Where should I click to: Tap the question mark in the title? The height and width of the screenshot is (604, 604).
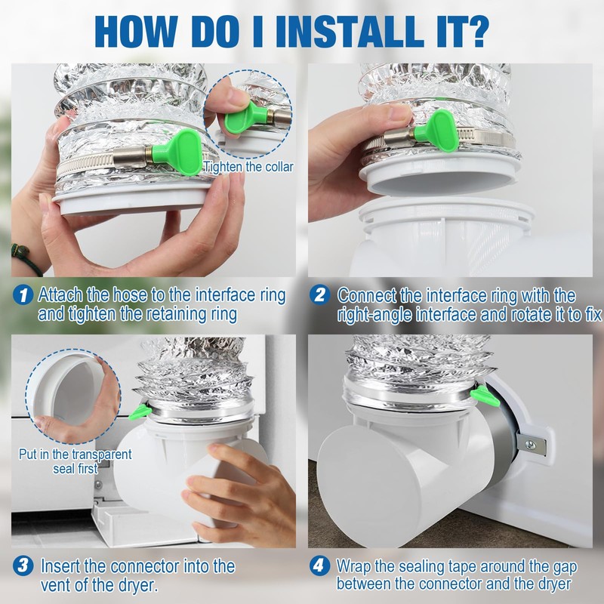(x=474, y=31)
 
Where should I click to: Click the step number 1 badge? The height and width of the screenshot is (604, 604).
(x=23, y=295)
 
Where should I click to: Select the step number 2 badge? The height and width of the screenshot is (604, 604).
(x=319, y=295)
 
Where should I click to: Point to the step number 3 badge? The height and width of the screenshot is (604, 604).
(x=23, y=565)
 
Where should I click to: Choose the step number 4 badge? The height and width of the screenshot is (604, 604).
(x=319, y=565)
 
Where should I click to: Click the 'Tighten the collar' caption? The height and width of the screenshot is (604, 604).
(x=248, y=167)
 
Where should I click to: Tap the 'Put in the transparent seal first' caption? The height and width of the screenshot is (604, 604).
(x=75, y=461)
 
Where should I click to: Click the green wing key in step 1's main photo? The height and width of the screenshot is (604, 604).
(x=177, y=153)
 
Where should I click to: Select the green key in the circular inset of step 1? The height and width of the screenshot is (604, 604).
(x=245, y=119)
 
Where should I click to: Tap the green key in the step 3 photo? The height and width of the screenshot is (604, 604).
(x=140, y=411)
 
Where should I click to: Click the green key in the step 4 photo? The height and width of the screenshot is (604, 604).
(x=485, y=396)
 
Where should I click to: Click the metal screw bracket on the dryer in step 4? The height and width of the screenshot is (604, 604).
(x=532, y=445)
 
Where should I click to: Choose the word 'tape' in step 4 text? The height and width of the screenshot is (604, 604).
(x=462, y=567)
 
